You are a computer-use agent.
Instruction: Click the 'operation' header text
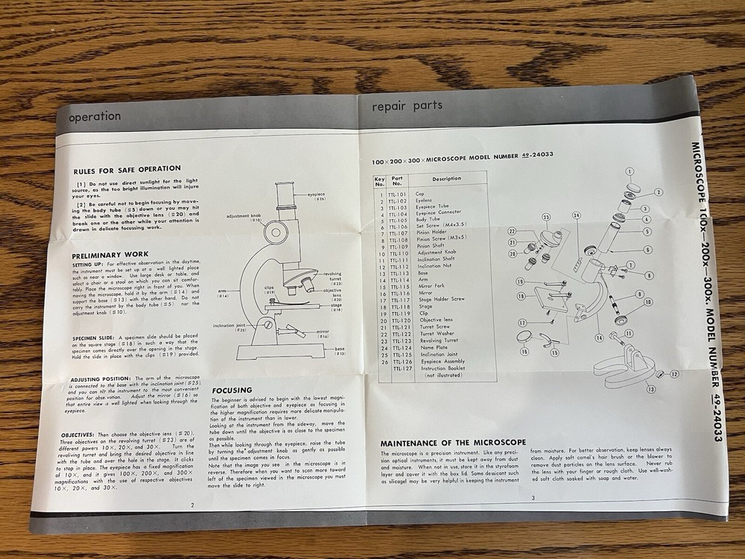point(95,116)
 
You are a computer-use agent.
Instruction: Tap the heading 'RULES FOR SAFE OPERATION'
point(127,168)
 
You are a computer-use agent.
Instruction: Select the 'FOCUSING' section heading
point(232,390)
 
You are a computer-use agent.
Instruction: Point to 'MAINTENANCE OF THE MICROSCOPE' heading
point(453,443)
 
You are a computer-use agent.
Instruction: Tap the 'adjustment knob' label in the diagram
point(244,216)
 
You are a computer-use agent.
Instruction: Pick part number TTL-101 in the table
point(397,194)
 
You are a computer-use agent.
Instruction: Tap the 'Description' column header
point(446,179)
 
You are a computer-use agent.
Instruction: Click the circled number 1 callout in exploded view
point(630,171)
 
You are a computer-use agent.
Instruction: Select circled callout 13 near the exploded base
point(650,389)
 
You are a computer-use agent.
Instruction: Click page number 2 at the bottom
point(192,505)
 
